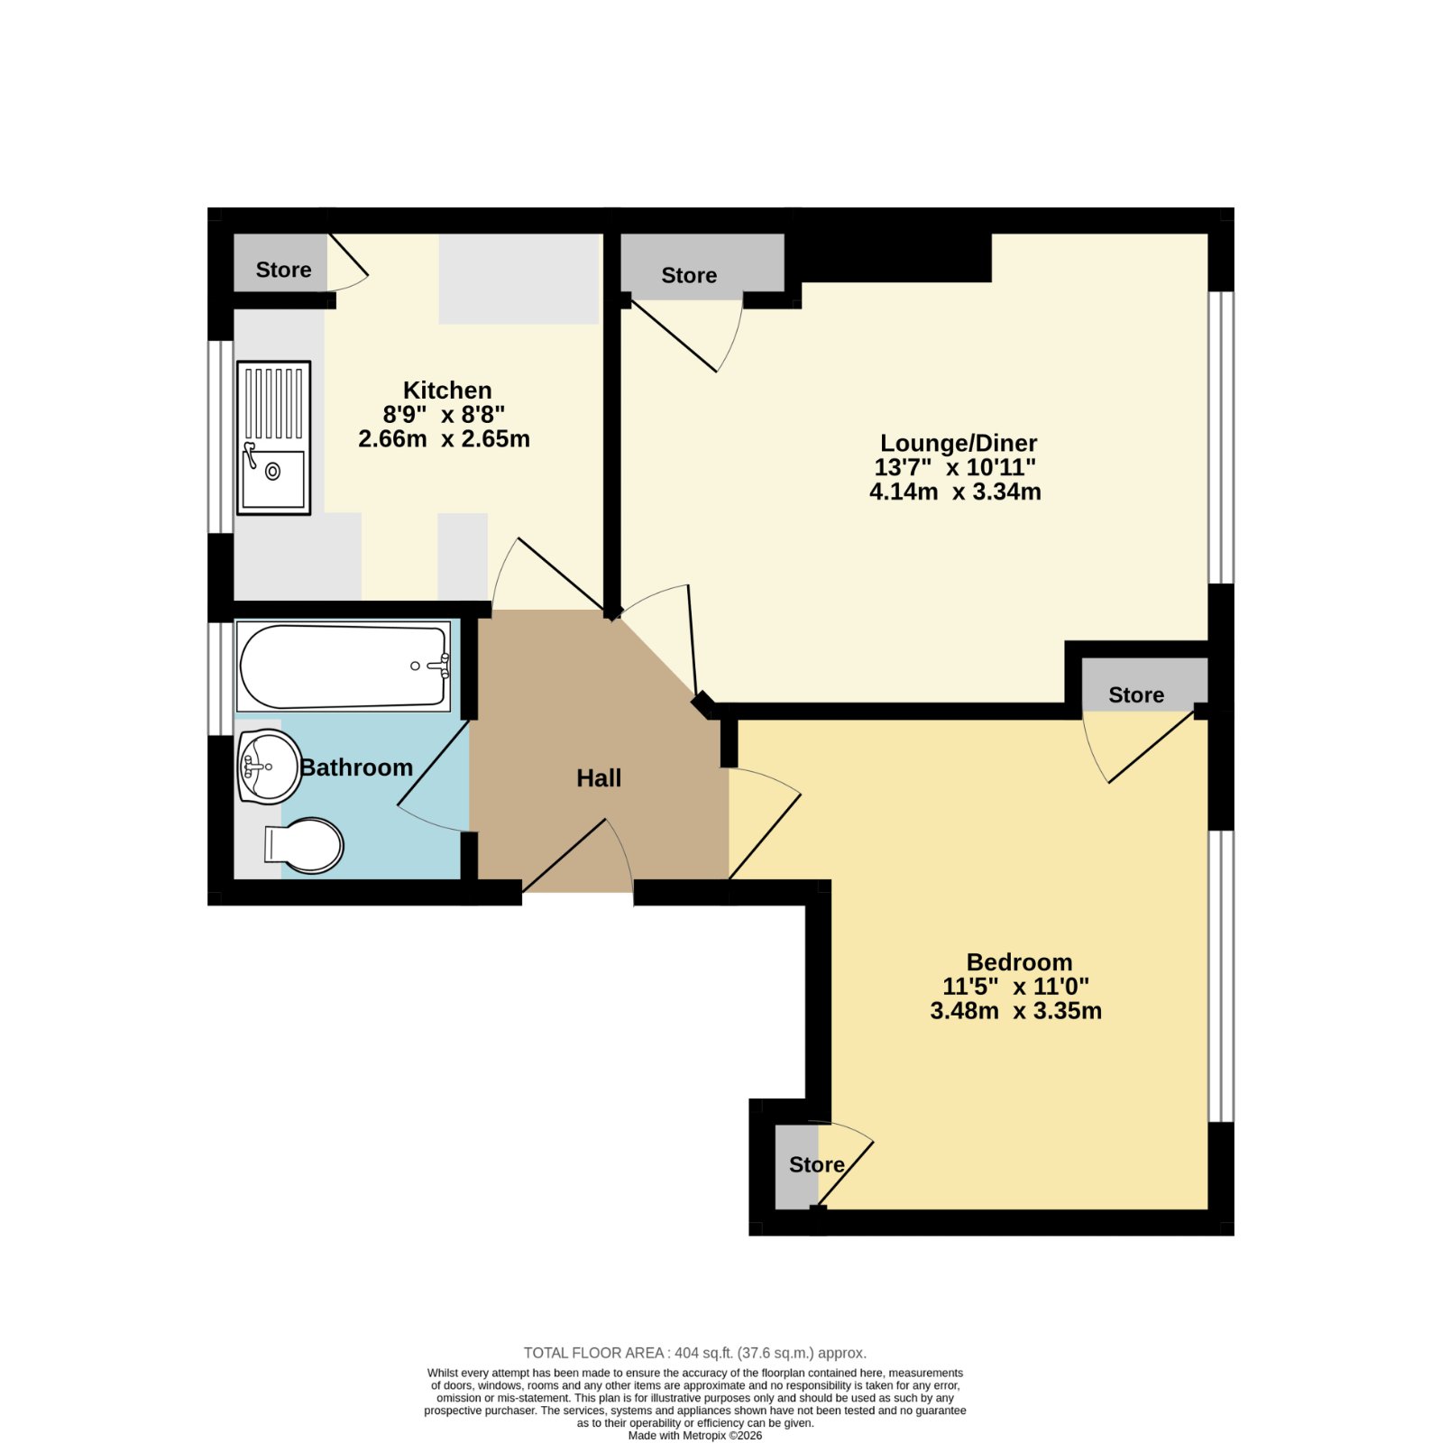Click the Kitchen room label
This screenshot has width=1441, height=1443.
447,391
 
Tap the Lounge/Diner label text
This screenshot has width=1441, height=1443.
959,444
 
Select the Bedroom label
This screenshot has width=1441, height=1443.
1019,962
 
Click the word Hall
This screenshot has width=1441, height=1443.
599,778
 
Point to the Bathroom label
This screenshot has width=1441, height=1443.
356,767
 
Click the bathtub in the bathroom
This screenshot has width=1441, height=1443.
343,666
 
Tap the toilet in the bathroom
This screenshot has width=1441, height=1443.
304,845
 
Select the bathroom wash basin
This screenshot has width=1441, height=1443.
269,767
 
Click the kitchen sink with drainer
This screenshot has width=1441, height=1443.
273,438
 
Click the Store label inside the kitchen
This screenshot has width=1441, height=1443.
283,270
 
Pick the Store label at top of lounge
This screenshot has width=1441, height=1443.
689,275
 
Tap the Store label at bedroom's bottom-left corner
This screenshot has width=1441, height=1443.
816,1164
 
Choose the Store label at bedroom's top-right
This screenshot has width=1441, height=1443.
1136,694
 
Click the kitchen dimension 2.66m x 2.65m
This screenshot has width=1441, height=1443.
444,439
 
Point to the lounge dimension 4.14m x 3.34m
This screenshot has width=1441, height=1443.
955,492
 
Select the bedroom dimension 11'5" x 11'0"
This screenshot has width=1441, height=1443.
1015,987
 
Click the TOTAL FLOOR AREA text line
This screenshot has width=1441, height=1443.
694,1353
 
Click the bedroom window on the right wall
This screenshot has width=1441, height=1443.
1220,976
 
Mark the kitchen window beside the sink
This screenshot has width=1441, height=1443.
221,437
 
